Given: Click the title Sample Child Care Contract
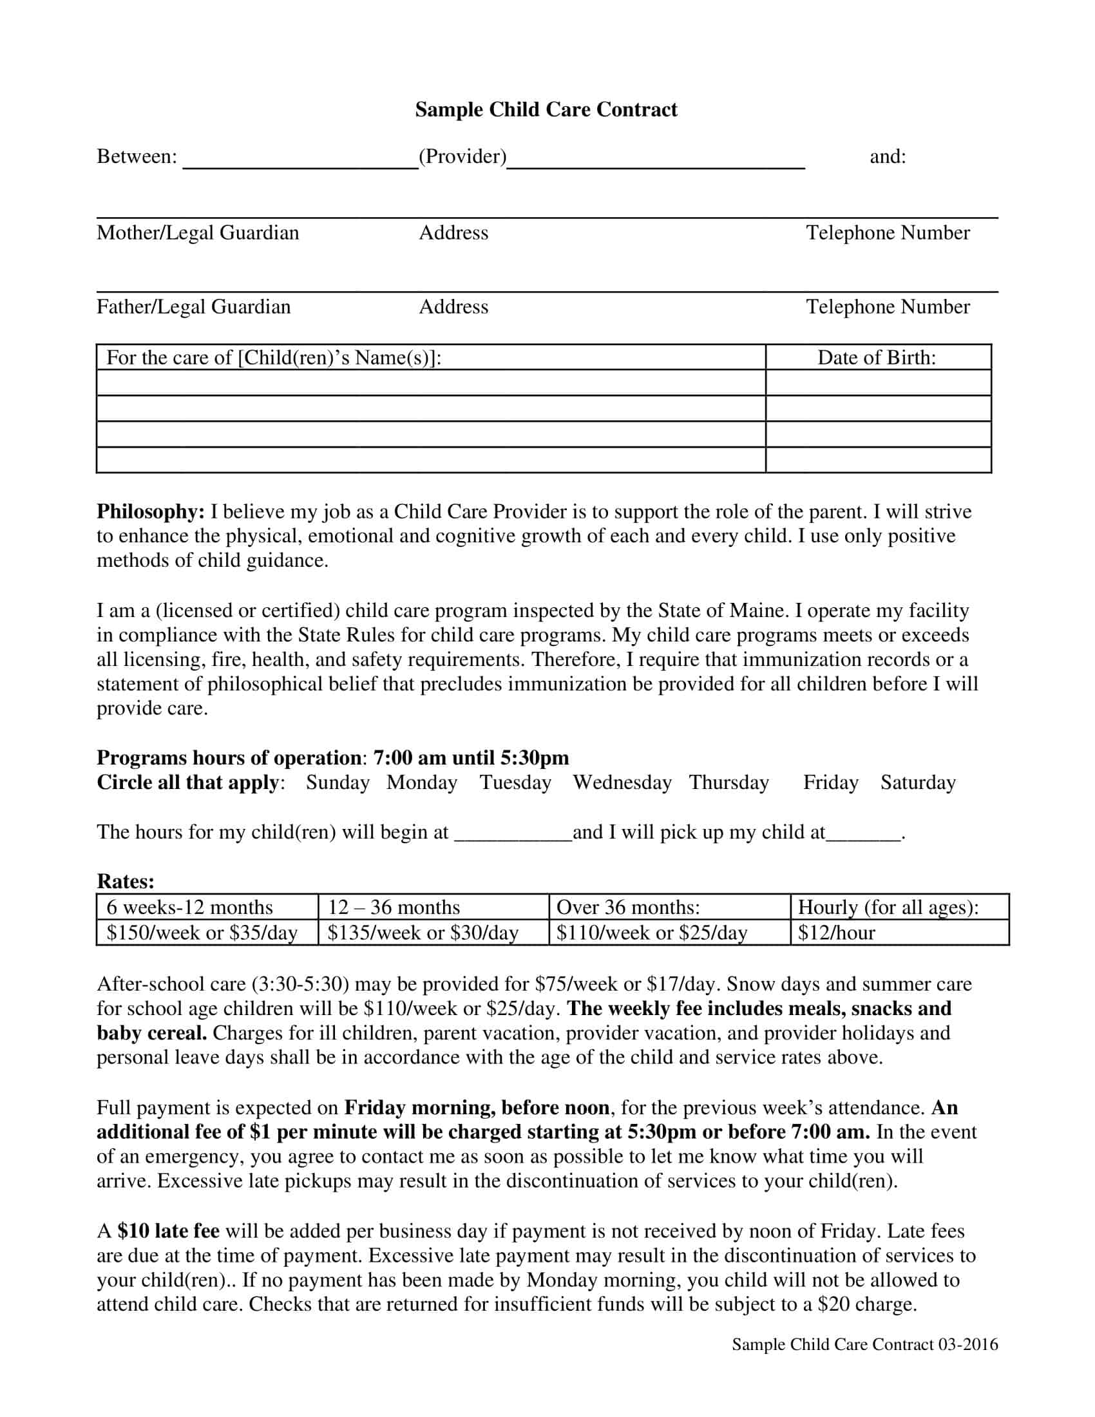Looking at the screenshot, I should [546, 109].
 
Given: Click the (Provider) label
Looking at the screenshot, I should [462, 157].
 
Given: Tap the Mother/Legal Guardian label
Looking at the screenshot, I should [198, 233].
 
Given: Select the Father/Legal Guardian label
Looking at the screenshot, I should [193, 307].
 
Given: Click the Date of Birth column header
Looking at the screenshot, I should [877, 357].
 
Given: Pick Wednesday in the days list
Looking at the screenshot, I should [622, 783].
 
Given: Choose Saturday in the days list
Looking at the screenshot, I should [917, 783].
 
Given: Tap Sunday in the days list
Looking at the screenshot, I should [338, 783].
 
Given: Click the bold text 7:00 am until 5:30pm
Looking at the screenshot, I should [471, 758].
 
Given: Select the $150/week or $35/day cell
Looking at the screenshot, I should [202, 933].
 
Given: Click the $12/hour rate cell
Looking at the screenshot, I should [836, 933].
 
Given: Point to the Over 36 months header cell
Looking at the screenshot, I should [628, 907].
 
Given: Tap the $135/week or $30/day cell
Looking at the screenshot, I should [423, 933].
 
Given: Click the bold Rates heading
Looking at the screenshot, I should [126, 881].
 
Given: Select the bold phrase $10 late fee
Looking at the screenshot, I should [169, 1231].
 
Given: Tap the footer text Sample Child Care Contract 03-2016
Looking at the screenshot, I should [864, 1344].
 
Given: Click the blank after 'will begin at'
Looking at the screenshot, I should [513, 832].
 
